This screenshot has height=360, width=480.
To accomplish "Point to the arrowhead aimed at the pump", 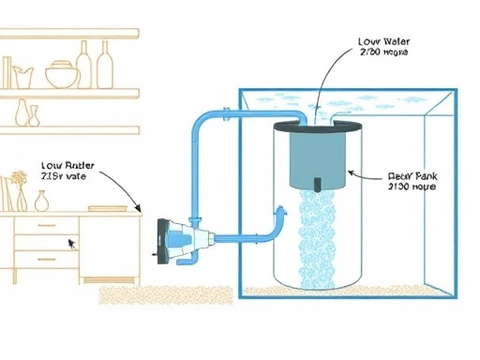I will (x=140, y=210).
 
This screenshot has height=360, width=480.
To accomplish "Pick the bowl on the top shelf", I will (x=59, y=75).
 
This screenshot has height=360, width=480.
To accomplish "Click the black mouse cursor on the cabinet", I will (x=70, y=242).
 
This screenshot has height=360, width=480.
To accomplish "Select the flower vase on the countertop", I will (x=18, y=191).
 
